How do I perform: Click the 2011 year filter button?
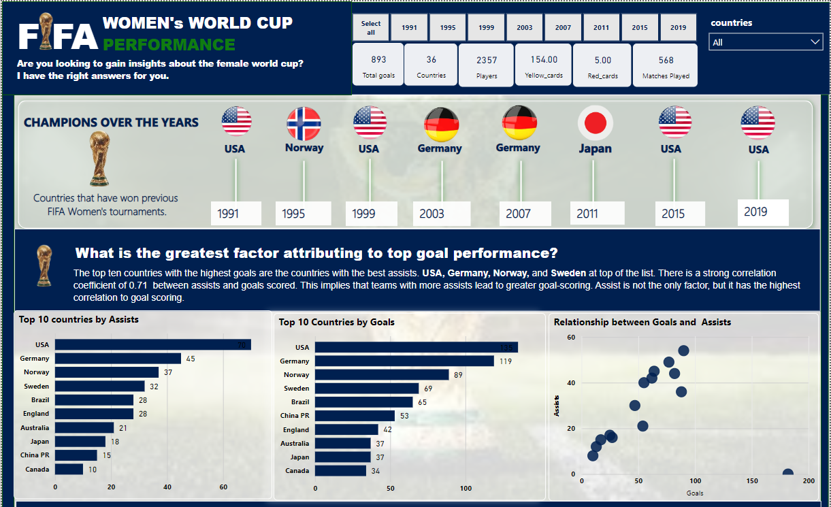tap(601, 28)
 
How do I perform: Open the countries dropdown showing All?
tap(766, 42)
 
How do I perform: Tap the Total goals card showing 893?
tap(378, 65)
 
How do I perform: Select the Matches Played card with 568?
tap(666, 65)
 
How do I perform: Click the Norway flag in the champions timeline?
tap(304, 123)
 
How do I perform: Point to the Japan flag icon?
tap(596, 123)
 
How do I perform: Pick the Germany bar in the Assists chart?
tap(118, 359)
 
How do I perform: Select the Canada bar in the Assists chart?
tap(69, 470)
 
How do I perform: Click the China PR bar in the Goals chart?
tap(355, 416)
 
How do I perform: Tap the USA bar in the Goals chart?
tap(416, 347)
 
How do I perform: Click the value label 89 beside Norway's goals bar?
tap(459, 375)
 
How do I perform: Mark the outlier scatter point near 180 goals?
tap(787, 474)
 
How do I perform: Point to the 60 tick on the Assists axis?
tap(571, 338)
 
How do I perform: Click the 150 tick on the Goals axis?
tap(751, 481)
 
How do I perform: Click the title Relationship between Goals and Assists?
tap(642, 322)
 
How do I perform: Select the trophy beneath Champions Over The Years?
tap(99, 159)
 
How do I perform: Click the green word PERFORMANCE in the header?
tap(169, 45)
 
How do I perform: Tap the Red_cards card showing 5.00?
tap(602, 65)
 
